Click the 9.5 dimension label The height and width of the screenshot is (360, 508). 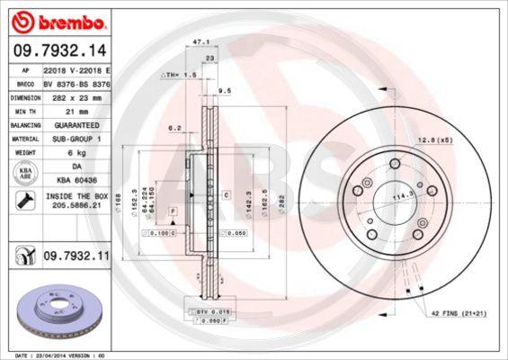[x=225, y=91]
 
